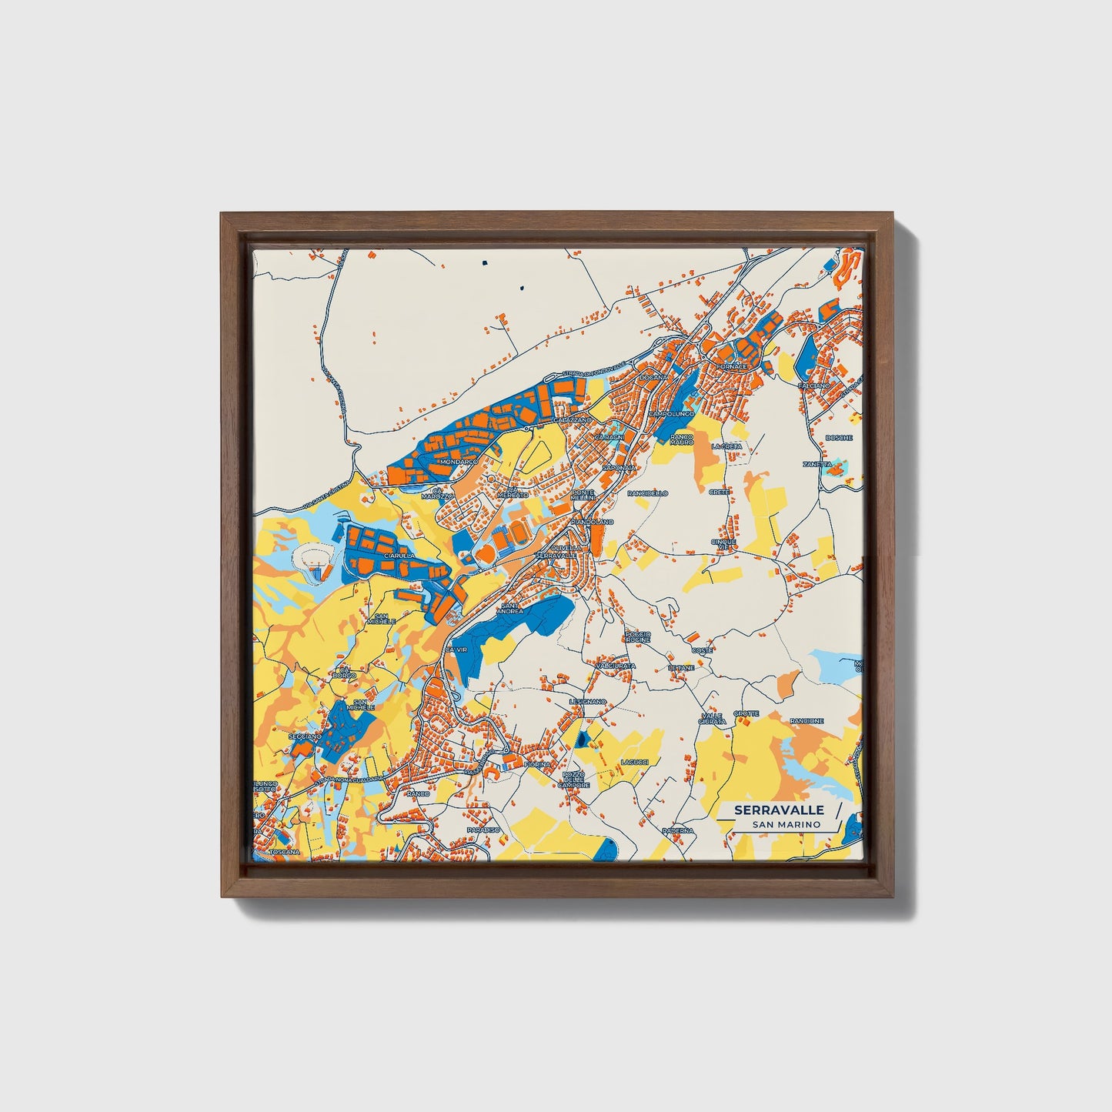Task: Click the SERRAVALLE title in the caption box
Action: pyautogui.click(x=779, y=810)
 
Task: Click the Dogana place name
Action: pyautogui.click(x=650, y=378)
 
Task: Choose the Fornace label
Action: pyautogui.click(x=732, y=367)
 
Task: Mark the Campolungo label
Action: pyautogui.click(x=671, y=413)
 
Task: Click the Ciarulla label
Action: pyautogui.click(x=399, y=555)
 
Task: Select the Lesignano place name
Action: pyautogui.click(x=588, y=702)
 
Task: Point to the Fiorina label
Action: pyautogui.click(x=536, y=764)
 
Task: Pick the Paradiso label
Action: pyautogui.click(x=483, y=830)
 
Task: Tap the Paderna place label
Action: pyautogui.click(x=677, y=831)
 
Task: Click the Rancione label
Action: pyautogui.click(x=806, y=721)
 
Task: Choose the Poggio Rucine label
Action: pyautogui.click(x=638, y=636)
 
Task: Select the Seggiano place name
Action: pyautogui.click(x=305, y=736)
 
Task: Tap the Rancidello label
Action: pyautogui.click(x=648, y=493)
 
